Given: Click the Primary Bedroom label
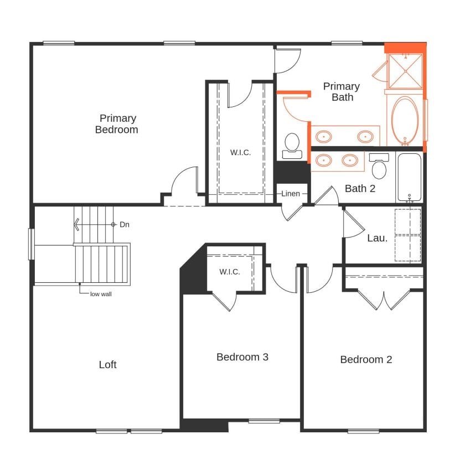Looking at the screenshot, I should (116, 124).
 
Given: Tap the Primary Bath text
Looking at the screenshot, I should (342, 92).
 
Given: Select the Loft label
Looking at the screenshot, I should (108, 364).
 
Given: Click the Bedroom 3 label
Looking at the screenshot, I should (242, 357).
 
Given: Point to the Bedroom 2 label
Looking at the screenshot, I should (366, 359).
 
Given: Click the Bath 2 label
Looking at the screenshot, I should (360, 188).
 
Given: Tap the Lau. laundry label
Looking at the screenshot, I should (377, 238).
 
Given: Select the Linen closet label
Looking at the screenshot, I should (291, 194).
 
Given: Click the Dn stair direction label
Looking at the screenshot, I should (125, 224).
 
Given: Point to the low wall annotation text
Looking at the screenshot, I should (101, 294).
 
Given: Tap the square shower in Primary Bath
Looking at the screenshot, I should (405, 71).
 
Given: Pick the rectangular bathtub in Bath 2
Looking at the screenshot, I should (409, 177).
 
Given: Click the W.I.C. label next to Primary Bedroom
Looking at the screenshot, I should (240, 153).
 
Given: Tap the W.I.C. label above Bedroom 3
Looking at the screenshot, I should (229, 272).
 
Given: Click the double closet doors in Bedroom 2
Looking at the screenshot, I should (384, 299).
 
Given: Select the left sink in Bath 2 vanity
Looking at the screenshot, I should (324, 161).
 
